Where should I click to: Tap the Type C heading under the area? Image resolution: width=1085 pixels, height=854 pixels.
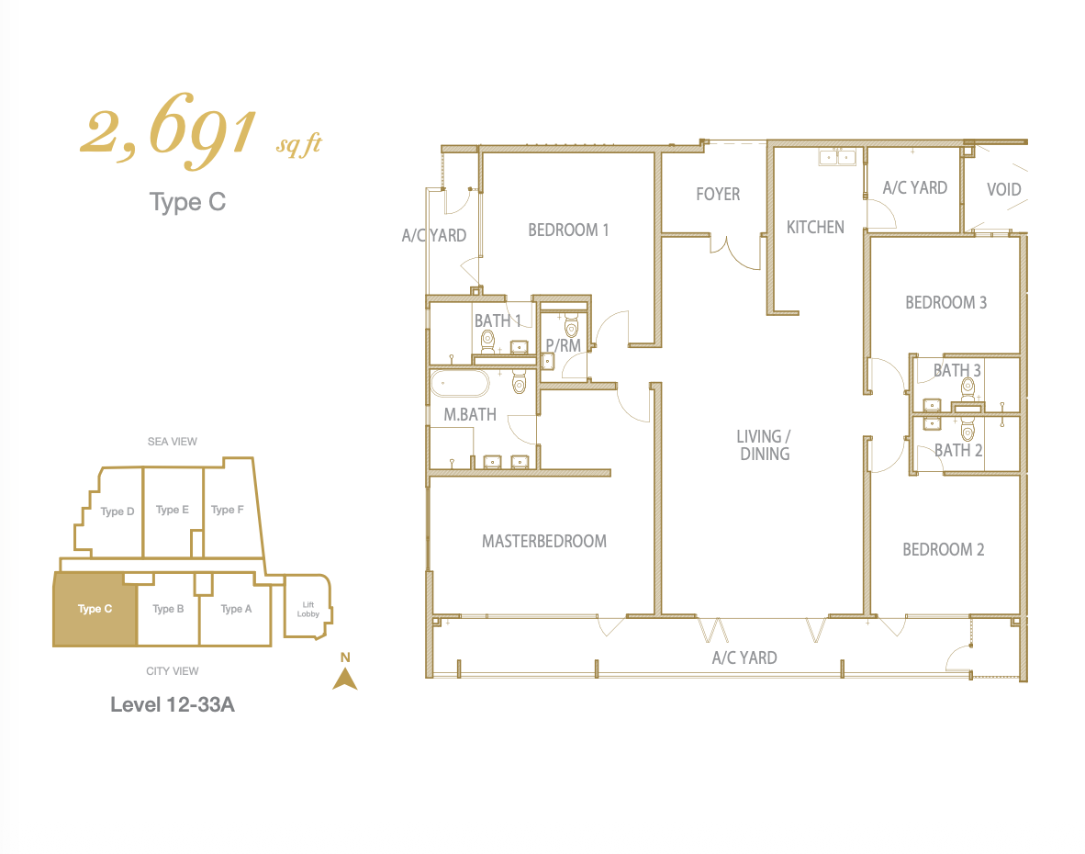[187, 202]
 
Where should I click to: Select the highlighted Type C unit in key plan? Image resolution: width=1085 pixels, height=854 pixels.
[95, 609]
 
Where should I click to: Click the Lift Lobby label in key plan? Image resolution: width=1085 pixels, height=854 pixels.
[308, 609]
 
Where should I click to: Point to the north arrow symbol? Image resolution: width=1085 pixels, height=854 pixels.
[345, 679]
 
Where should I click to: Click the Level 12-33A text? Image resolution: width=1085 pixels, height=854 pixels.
[173, 704]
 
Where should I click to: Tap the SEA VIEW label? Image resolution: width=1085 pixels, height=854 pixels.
[173, 442]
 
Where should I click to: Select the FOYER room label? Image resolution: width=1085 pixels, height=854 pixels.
[718, 195]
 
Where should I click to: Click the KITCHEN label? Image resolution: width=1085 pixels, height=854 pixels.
[815, 227]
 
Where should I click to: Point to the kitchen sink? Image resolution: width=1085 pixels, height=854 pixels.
[837, 157]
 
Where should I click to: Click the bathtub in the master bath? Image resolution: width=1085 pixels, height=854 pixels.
[460, 383]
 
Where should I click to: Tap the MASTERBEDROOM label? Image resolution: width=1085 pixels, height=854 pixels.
[544, 541]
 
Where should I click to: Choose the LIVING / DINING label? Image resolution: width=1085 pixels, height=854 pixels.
[764, 445]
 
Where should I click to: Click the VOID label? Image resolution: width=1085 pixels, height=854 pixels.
[1003, 189]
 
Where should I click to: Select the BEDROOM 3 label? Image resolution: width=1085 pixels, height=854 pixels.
[945, 302]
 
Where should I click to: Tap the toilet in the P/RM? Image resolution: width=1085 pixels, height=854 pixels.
[571, 325]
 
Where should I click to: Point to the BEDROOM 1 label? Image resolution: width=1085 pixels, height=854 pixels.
[568, 230]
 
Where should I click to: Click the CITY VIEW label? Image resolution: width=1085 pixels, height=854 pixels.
[173, 671]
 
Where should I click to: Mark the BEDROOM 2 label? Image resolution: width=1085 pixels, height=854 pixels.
[943, 549]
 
